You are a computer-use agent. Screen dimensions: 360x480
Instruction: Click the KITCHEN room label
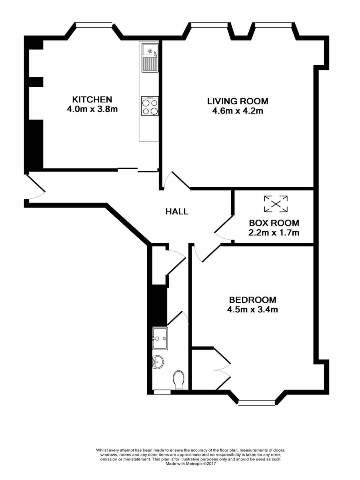pos(92,100)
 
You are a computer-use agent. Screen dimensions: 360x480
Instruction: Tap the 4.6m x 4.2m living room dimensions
pos(238,111)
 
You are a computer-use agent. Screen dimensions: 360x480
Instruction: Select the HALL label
pos(177,212)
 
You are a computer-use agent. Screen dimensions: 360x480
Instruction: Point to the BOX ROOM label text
pos(274,223)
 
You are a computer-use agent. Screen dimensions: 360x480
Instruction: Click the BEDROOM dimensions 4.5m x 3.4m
pos(252,310)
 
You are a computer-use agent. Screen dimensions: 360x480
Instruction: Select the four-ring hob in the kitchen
pos(150,106)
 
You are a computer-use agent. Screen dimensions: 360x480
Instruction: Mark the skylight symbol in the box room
pos(276,204)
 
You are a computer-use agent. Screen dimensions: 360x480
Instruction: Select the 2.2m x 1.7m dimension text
pos(274,232)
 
